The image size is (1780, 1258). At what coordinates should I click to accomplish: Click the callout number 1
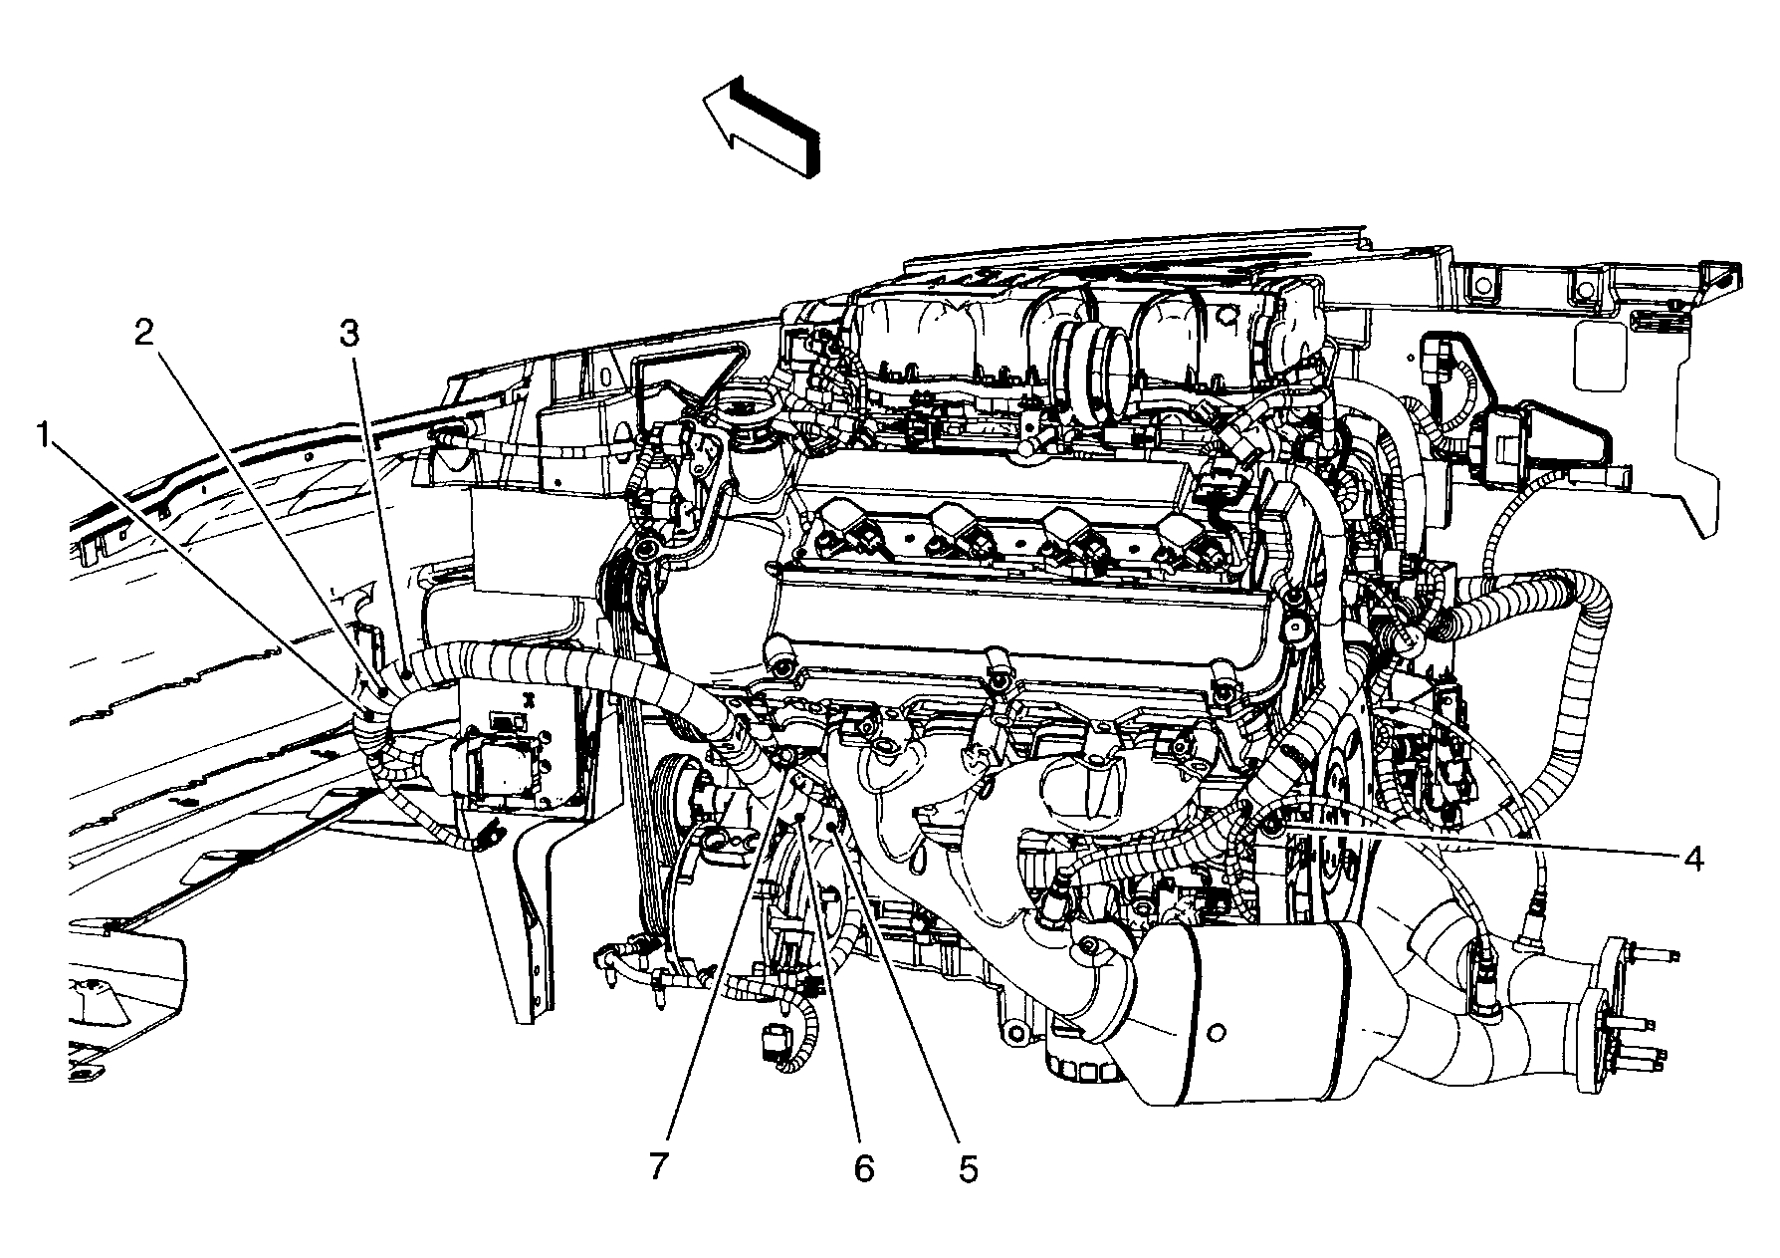(x=43, y=435)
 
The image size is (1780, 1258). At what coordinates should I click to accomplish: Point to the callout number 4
(x=1693, y=858)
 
